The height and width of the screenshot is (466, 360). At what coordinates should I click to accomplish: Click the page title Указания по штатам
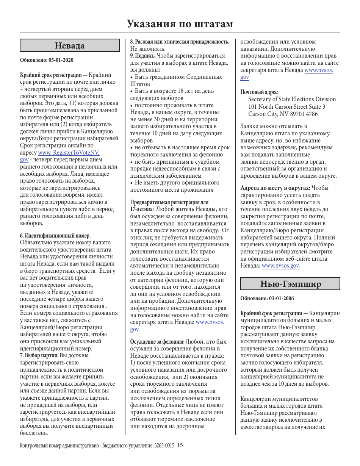180,24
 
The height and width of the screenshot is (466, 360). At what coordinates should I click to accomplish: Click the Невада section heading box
70,45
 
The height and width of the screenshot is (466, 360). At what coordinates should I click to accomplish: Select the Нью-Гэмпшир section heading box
290,284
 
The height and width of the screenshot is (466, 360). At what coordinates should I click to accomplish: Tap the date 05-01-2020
61,60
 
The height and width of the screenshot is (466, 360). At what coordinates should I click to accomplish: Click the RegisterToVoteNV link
69,153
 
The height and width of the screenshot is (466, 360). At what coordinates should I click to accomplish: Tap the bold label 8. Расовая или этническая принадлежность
180,42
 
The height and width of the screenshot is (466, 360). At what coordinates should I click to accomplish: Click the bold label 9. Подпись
143,56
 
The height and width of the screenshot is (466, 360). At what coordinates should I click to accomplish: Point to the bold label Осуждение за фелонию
157,342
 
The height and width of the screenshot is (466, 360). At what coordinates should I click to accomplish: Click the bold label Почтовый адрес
260,92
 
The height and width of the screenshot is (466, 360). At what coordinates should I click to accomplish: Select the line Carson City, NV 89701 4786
283,114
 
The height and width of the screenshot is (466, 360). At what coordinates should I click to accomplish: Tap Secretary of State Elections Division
292,99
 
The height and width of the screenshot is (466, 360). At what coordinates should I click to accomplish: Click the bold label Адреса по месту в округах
275,188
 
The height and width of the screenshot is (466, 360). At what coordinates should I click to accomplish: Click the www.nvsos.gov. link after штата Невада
281,266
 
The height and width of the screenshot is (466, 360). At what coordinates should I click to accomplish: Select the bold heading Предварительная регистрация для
169,202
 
